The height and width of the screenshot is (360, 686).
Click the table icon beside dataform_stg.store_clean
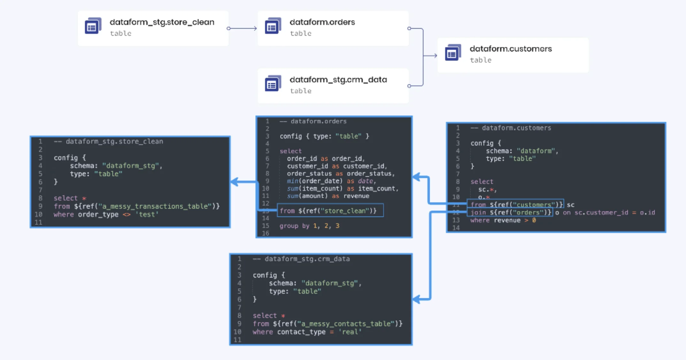click(x=93, y=26)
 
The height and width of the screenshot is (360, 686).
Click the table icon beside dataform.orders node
click(x=273, y=26)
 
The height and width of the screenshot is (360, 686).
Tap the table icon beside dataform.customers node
click(x=453, y=53)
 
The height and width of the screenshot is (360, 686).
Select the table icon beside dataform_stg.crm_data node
click(x=273, y=83)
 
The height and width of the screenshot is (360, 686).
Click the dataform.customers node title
click(x=510, y=49)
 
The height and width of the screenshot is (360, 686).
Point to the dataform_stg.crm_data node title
click(x=338, y=79)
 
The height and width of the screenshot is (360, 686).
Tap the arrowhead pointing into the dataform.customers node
click(x=434, y=56)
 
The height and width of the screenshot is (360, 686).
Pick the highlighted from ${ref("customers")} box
click(x=515, y=204)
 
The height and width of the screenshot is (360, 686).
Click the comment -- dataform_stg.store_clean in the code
click(x=109, y=141)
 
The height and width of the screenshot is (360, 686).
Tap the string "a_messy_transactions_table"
click(x=157, y=206)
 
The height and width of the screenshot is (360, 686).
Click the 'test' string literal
click(x=147, y=214)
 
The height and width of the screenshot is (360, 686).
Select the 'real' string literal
click(x=350, y=332)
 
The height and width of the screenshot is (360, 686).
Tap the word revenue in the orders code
click(x=356, y=196)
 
